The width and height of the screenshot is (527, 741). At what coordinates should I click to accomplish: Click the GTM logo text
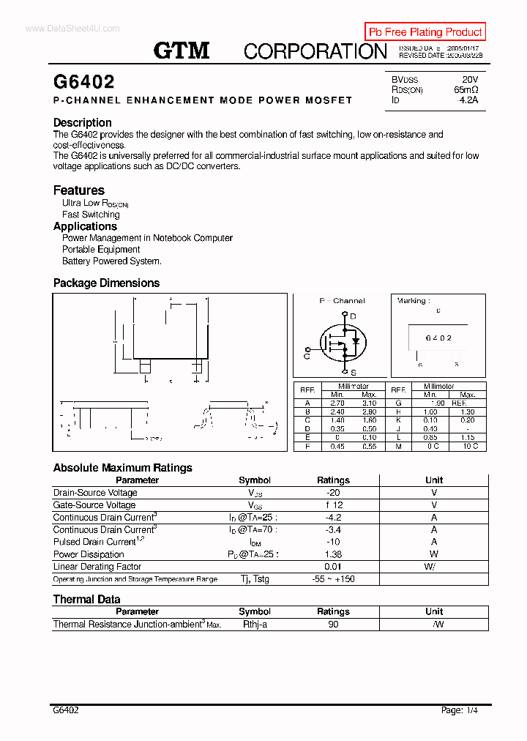click(182, 50)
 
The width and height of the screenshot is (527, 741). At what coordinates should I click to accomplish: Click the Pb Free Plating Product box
click(425, 32)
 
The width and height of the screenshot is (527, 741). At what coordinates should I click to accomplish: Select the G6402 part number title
click(84, 82)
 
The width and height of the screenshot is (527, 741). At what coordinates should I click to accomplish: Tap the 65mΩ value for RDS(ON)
click(466, 89)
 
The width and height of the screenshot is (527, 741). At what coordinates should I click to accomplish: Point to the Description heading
click(83, 123)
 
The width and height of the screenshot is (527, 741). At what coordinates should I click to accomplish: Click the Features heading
click(79, 190)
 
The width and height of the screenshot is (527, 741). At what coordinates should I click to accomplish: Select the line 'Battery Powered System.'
click(112, 261)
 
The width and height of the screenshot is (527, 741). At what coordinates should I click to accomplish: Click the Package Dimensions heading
click(106, 283)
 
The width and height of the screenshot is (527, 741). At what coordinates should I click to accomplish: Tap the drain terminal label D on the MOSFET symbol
click(353, 316)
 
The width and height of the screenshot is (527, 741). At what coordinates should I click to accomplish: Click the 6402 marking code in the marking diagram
click(438, 338)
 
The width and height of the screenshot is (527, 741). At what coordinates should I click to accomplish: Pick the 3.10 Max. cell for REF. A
click(369, 403)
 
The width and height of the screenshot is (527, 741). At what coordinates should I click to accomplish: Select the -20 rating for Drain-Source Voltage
click(333, 493)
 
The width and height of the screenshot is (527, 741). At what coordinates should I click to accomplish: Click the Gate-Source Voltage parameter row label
click(94, 505)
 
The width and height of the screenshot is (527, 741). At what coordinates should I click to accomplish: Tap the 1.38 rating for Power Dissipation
click(333, 554)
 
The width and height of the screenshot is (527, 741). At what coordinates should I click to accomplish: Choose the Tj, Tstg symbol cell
click(255, 579)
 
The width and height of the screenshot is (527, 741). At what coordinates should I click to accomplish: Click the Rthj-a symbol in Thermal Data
click(255, 625)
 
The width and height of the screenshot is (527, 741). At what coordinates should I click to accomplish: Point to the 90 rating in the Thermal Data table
click(333, 625)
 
